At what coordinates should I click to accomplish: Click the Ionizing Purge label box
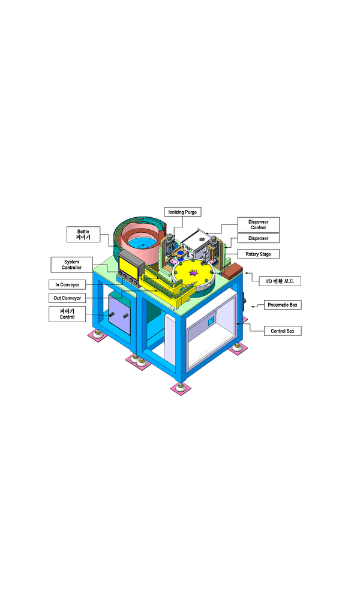pos(183,212)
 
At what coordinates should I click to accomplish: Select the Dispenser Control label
pos(258,224)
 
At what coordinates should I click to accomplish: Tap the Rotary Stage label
pos(258,254)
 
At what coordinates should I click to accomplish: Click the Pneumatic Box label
pos(283,305)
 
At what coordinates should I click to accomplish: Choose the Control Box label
pos(283,331)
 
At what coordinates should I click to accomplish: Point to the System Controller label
pos(71,265)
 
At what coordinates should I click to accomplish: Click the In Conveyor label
pos(67,284)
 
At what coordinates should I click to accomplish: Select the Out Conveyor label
pos(67,298)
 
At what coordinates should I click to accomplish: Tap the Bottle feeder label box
pos(83,234)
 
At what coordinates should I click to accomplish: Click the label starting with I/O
pos(280,281)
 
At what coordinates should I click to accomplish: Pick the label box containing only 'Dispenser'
pos(258,238)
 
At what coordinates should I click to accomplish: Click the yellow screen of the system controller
pos(128,267)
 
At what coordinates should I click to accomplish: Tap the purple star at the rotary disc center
pos(194,272)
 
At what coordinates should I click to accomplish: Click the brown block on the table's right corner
pos(232,271)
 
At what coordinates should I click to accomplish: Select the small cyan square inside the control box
pos(211,321)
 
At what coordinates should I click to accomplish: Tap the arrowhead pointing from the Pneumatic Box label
pos(253,307)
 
